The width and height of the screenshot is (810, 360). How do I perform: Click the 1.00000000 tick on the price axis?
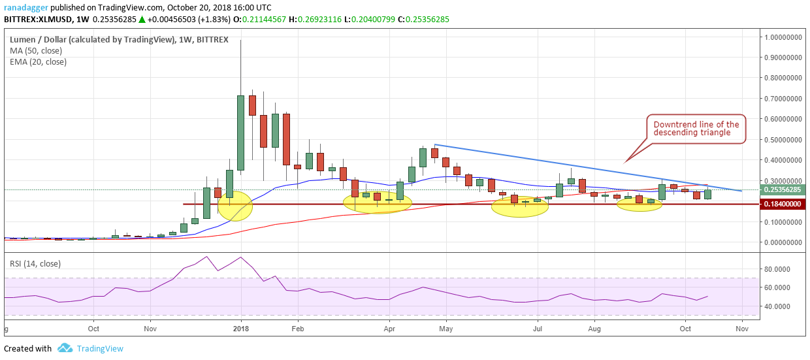click(783, 37)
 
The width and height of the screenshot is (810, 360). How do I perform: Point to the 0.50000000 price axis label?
click(783, 140)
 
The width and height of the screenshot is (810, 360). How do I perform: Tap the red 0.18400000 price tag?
click(783, 205)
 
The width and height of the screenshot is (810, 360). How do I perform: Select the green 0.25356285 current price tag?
click(783, 190)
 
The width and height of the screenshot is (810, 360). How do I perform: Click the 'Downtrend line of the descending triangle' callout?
click(696, 129)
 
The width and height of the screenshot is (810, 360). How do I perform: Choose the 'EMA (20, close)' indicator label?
click(38, 62)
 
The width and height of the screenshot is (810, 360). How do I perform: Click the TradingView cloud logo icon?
click(64, 348)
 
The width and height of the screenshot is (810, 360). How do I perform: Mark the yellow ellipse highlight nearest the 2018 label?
click(234, 206)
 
